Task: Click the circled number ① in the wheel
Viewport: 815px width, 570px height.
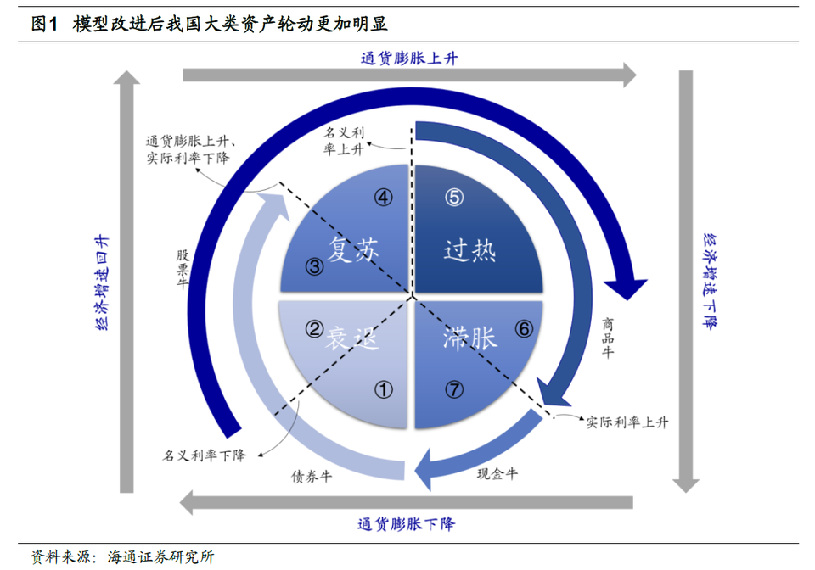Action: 384,389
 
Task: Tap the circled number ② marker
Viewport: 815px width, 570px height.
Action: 314,328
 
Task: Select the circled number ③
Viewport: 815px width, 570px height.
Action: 314,267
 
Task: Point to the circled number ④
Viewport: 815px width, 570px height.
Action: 384,198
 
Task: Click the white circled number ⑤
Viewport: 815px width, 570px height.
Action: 453,198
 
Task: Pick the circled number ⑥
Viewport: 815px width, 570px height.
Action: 524,328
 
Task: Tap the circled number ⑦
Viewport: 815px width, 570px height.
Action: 453,389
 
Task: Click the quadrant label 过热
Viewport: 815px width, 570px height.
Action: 469,250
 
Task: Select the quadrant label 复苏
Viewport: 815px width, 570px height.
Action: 353,249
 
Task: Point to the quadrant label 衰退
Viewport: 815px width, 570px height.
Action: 351,338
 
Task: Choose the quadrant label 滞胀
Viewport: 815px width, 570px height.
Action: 469,338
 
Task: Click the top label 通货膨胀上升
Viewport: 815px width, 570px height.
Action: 409,59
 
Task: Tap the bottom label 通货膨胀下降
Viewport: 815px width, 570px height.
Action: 406,524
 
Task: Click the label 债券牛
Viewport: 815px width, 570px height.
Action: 312,476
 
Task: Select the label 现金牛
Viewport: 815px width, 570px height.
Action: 497,473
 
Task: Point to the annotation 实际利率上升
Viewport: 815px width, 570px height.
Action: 627,422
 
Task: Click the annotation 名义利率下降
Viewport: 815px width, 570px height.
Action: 205,455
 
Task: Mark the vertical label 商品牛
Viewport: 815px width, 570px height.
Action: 608,338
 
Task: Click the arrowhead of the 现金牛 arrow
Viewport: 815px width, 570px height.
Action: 423,470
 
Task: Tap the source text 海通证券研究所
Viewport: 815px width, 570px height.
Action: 160,557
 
